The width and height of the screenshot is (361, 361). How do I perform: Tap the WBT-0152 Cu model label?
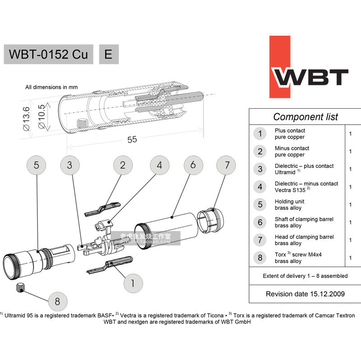tap(49, 55)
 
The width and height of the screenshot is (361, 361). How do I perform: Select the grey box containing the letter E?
tap(109, 55)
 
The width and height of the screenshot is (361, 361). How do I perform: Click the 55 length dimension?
tap(132, 139)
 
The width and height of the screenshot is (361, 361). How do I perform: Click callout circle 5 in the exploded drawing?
tap(37, 165)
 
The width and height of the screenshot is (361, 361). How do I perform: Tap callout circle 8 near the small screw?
tap(57, 301)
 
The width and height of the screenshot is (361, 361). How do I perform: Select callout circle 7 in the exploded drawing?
tap(227, 165)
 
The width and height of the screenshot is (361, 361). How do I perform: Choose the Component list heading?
tap(305, 117)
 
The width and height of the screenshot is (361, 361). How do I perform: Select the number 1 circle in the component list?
tap(260, 134)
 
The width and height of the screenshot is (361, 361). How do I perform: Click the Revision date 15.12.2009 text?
tap(305, 294)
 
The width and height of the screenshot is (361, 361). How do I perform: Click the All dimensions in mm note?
tap(51, 87)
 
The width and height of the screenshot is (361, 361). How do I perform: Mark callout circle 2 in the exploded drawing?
tap(122, 165)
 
